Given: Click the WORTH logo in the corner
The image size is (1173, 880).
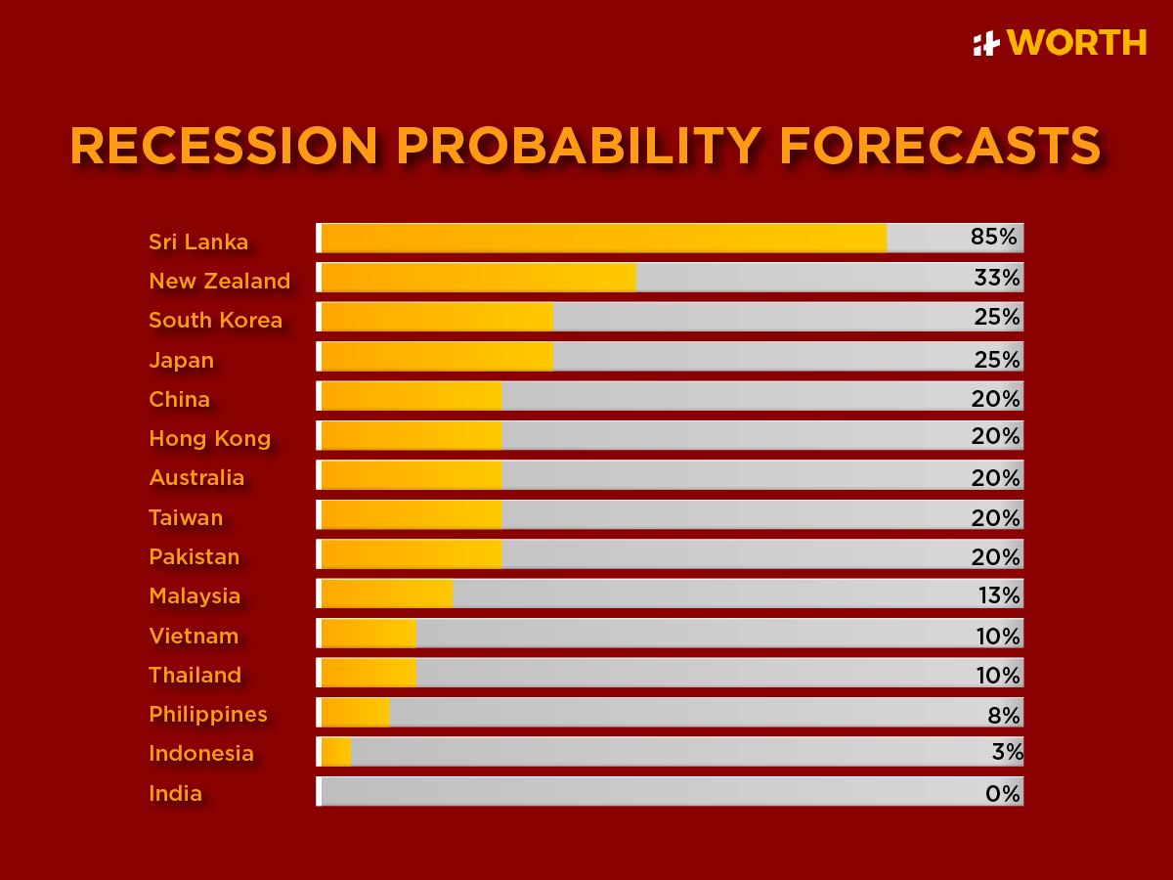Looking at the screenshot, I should coord(1060,43).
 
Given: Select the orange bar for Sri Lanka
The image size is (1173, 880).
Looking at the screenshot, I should coord(603,238).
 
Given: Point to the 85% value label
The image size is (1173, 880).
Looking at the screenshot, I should coord(994,238).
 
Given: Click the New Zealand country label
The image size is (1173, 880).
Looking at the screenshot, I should coord(219,282).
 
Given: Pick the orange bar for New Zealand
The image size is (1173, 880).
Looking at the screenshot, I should coord(478,278).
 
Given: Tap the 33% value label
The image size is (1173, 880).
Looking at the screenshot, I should coord(996,278).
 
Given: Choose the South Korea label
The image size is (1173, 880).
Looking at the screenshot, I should coord(215,321).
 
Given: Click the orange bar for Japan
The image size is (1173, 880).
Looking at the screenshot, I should coord(436,357).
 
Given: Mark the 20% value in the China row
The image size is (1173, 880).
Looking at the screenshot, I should coord(995,399).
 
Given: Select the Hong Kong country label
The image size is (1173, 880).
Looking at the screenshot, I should coord(209,439).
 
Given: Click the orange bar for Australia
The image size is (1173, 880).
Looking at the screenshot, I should coord(411,475).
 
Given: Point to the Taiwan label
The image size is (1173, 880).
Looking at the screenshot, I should coord(186,518).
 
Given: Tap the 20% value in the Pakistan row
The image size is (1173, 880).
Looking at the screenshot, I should coord(995,556).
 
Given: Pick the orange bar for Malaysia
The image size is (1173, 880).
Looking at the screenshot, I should coord(387,594).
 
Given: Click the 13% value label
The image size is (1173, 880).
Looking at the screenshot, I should coord(997,595).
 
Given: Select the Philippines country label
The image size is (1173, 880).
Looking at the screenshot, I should coord(207,715).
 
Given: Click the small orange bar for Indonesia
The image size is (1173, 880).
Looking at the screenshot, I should coord(336,751).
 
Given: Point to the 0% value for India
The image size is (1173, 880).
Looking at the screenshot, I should coord(1002,793).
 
